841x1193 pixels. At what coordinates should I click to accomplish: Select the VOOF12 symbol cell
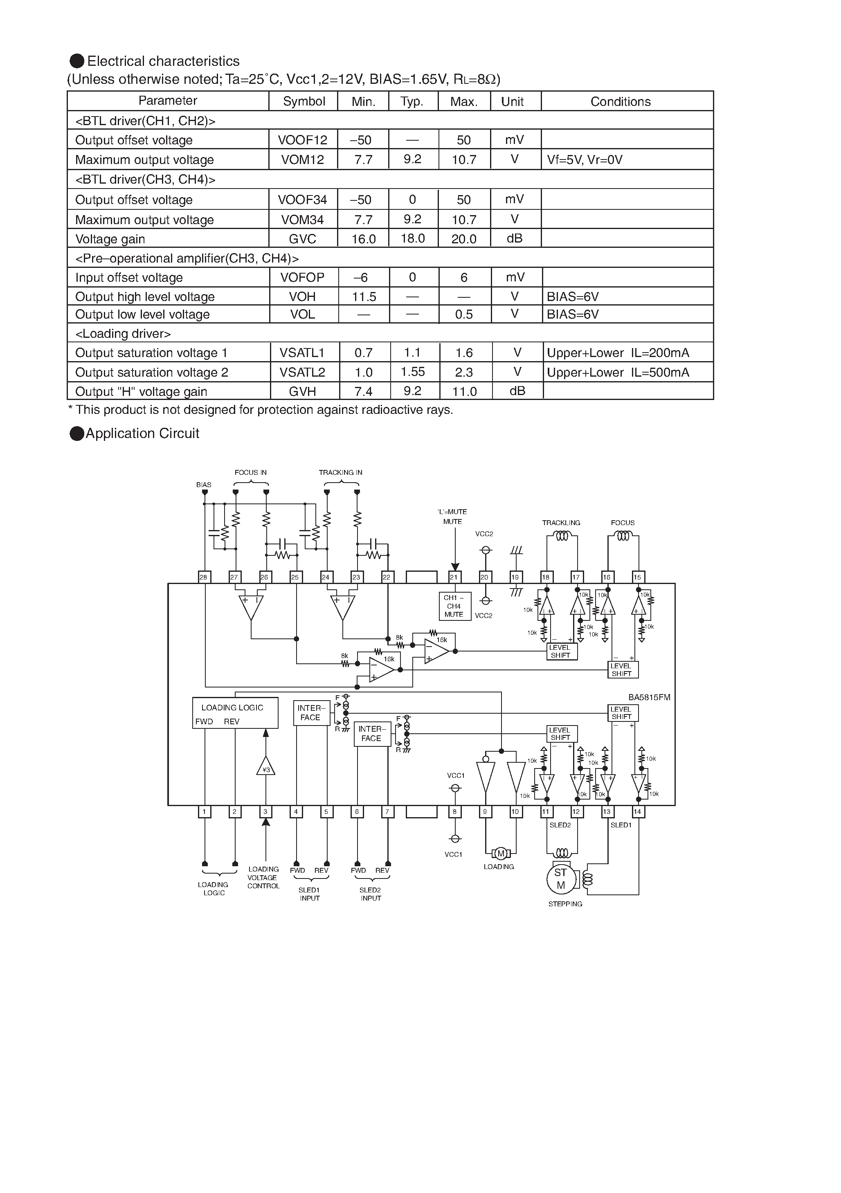coord(303,140)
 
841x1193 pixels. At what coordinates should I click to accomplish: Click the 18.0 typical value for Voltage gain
coord(413,238)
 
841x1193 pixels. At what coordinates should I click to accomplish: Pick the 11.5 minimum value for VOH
coord(364,297)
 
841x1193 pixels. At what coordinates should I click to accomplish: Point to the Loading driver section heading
coord(123,334)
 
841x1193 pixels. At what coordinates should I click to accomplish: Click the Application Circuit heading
coord(142,434)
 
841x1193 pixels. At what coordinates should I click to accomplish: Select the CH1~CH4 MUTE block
coord(454,606)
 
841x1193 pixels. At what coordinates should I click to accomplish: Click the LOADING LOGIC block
coord(235,713)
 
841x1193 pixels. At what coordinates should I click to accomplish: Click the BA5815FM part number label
coord(649,697)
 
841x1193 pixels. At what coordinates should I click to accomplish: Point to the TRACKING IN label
coord(340,472)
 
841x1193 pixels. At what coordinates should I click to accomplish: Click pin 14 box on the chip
coord(638,811)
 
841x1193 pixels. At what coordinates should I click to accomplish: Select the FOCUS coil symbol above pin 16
coord(623,536)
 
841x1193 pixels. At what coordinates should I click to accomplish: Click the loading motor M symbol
coord(501,853)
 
